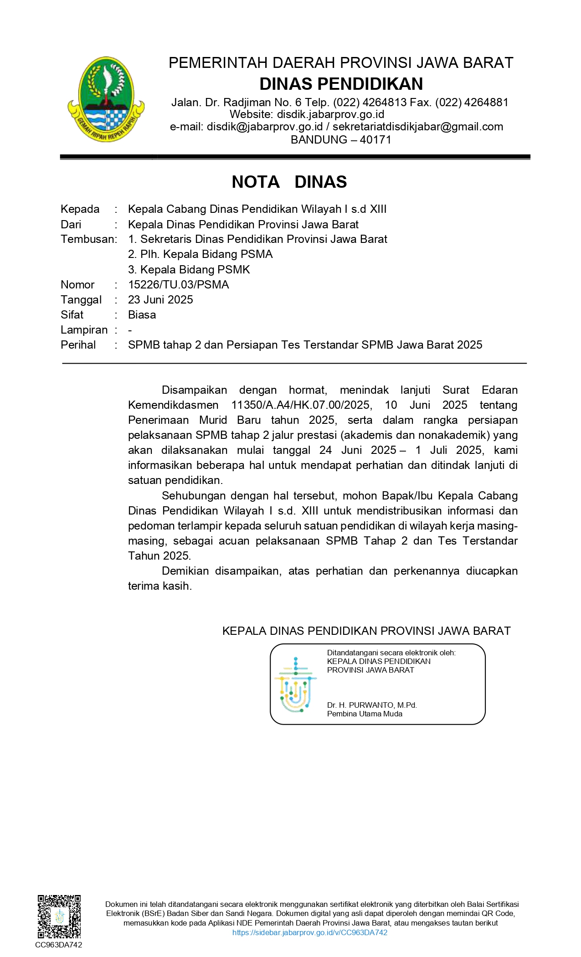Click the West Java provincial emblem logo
tap(106, 99)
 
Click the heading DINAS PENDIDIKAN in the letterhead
tap(341, 84)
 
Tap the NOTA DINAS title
tap(289, 182)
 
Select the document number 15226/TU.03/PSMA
tap(178, 284)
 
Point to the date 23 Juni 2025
tap(160, 299)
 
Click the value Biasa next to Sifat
tap(142, 314)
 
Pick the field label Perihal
tap(78, 345)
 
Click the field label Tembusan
tap(88, 239)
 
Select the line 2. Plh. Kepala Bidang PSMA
tap(200, 254)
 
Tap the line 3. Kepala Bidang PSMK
tap(189, 269)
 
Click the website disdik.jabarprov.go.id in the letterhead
tap(330, 114)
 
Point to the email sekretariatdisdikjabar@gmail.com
tap(417, 127)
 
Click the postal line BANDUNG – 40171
tap(341, 139)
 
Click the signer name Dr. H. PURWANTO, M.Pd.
tap(372, 705)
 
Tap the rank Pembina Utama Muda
tap(365, 714)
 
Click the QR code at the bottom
tap(59, 917)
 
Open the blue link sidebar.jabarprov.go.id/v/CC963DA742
tap(310, 932)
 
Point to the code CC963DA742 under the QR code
tap(59, 945)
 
